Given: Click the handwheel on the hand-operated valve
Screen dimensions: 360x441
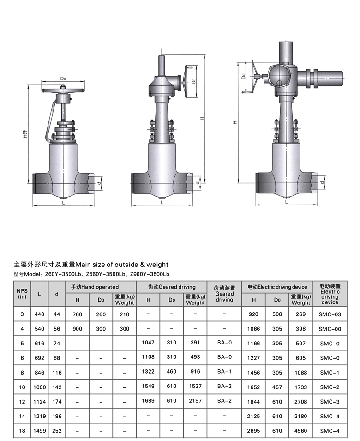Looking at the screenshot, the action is click(63, 91).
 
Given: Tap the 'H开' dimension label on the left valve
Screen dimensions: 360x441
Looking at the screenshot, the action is click(25, 134).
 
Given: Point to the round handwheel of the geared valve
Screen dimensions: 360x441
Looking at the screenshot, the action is click(186, 82).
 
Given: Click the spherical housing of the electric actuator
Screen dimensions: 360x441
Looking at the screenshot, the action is click(279, 75).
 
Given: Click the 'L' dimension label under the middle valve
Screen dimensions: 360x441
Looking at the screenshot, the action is click(162, 202).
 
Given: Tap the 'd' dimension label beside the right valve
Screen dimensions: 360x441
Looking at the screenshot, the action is click(322, 182).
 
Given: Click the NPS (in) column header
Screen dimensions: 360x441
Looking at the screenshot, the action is click(22, 294).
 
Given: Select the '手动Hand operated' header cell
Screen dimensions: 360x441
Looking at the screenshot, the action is click(95, 287).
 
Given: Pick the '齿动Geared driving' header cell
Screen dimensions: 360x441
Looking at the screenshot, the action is click(172, 287).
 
